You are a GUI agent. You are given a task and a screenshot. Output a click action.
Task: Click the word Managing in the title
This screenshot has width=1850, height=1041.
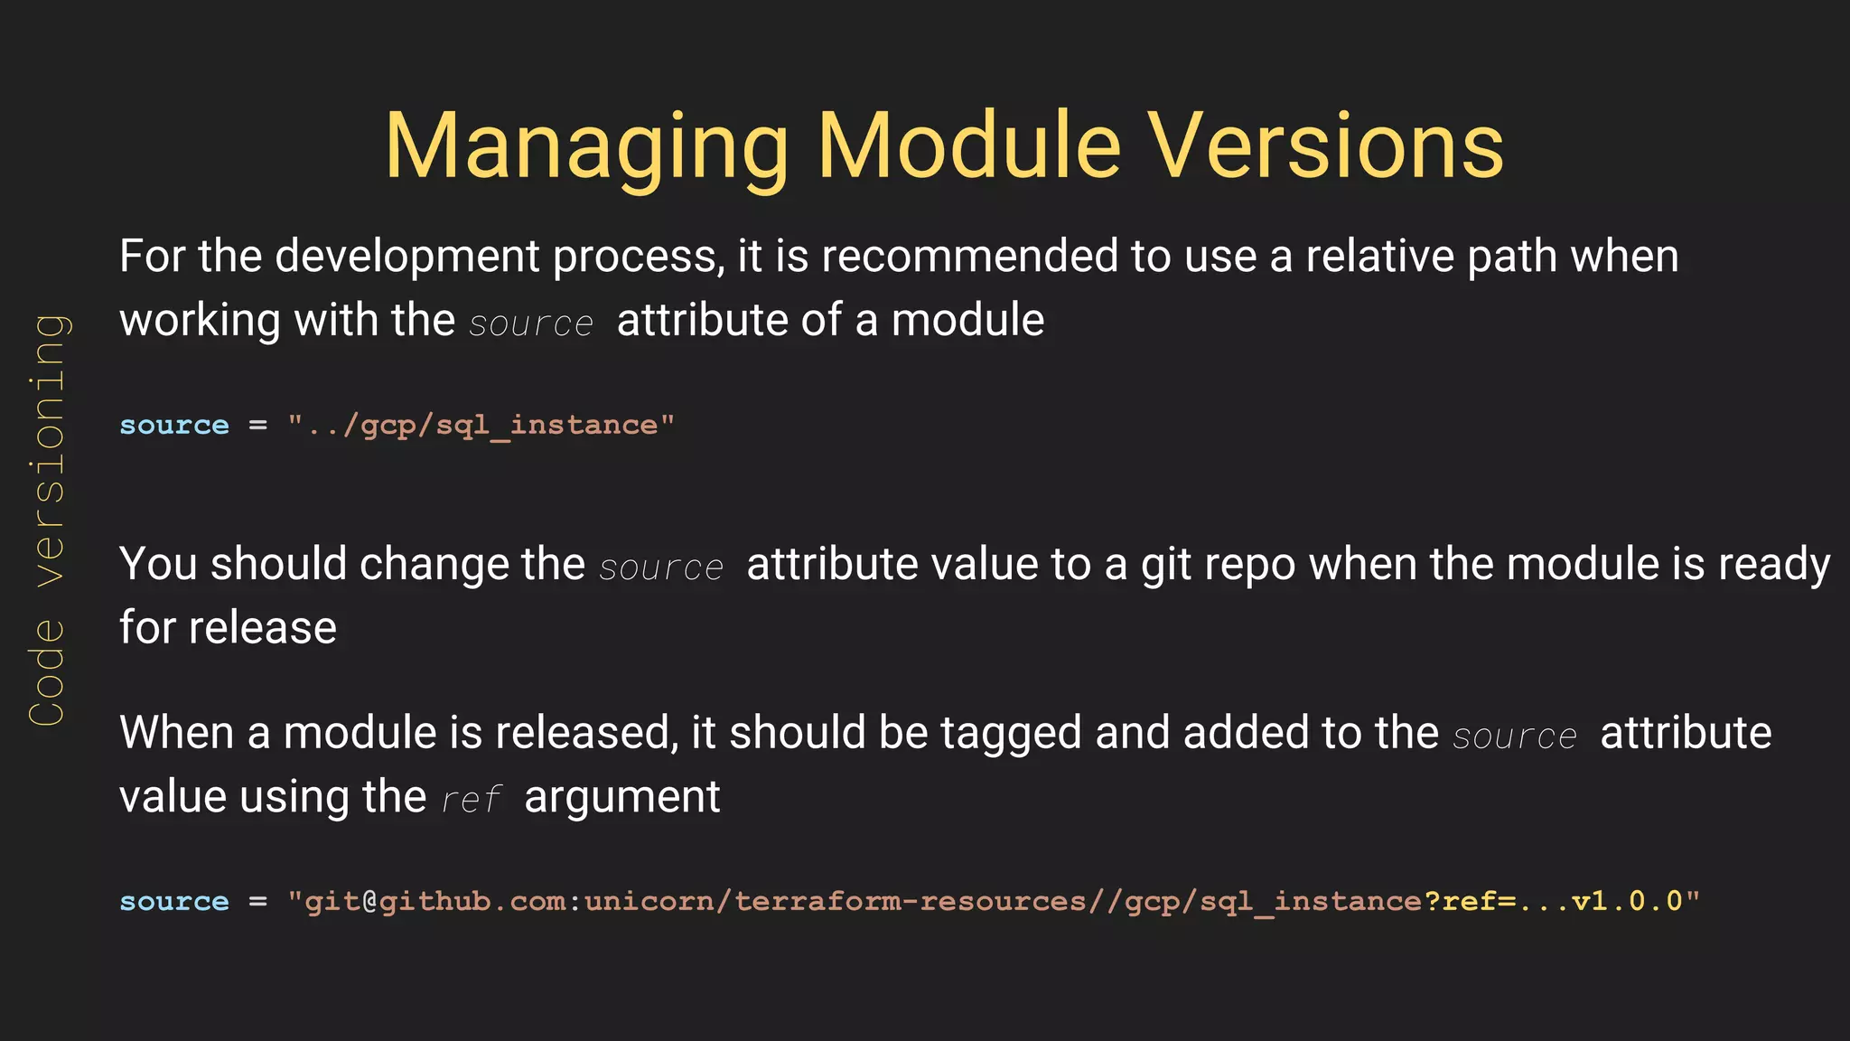(587, 147)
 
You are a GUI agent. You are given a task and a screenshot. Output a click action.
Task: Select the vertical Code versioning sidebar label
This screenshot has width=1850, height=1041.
(47, 520)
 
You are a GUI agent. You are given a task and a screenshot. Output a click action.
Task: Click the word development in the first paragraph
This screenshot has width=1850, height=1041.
(406, 257)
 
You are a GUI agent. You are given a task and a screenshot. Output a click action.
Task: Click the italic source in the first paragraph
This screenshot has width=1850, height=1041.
(531, 324)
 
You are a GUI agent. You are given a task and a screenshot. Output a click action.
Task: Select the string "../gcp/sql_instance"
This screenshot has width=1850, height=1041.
(481, 425)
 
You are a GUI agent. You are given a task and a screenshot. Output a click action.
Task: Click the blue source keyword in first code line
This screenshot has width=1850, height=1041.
(174, 425)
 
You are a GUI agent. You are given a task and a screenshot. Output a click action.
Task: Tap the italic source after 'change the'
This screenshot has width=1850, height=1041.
(661, 567)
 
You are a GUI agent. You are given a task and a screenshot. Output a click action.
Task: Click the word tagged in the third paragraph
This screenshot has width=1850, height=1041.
(1010, 733)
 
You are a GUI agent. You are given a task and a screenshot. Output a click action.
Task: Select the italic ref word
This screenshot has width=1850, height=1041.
(472, 800)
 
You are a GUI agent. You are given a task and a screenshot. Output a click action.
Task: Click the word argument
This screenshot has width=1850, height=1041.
(621, 798)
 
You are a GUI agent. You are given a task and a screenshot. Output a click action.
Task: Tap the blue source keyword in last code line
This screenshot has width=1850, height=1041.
(174, 901)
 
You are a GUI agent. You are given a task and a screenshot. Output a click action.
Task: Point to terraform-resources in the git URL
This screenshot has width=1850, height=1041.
(911, 901)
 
